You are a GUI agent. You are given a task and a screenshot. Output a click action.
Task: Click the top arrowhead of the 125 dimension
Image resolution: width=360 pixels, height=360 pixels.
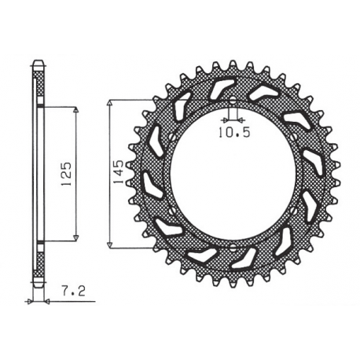click(x=76, y=111)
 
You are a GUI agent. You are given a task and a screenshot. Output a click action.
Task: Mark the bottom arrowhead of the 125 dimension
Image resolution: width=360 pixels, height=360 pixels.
click(x=76, y=237)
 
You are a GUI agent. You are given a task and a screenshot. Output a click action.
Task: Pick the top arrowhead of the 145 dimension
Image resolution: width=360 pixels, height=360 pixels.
click(x=110, y=102)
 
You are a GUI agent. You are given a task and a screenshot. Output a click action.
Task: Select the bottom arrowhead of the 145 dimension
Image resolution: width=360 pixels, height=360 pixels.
click(x=110, y=245)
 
